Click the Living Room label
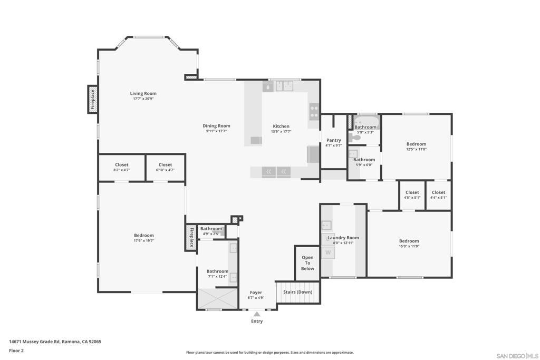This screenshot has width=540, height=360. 143,93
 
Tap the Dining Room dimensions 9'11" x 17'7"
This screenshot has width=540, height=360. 216,131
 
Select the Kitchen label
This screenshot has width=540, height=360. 281,127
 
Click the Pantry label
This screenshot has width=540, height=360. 334,140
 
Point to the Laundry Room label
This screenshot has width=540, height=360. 343,238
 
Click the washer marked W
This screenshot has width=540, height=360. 328,252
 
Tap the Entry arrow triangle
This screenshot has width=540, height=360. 257,314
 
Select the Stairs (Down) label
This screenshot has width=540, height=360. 297,292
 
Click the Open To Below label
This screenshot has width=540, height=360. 307,263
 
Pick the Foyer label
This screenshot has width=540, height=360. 256,293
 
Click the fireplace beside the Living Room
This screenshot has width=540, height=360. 92,100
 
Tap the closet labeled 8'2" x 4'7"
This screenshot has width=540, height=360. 122,167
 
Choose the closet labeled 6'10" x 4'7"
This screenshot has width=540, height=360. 165,167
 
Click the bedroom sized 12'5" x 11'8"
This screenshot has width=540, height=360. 417,147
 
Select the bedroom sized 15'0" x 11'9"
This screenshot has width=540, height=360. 409,244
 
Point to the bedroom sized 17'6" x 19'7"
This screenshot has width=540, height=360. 143,238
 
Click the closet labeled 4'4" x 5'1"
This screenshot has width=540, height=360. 438,195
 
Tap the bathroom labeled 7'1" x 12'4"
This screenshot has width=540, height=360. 217,274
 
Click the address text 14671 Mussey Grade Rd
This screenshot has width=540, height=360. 34,342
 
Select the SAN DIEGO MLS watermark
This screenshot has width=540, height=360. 517,356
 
